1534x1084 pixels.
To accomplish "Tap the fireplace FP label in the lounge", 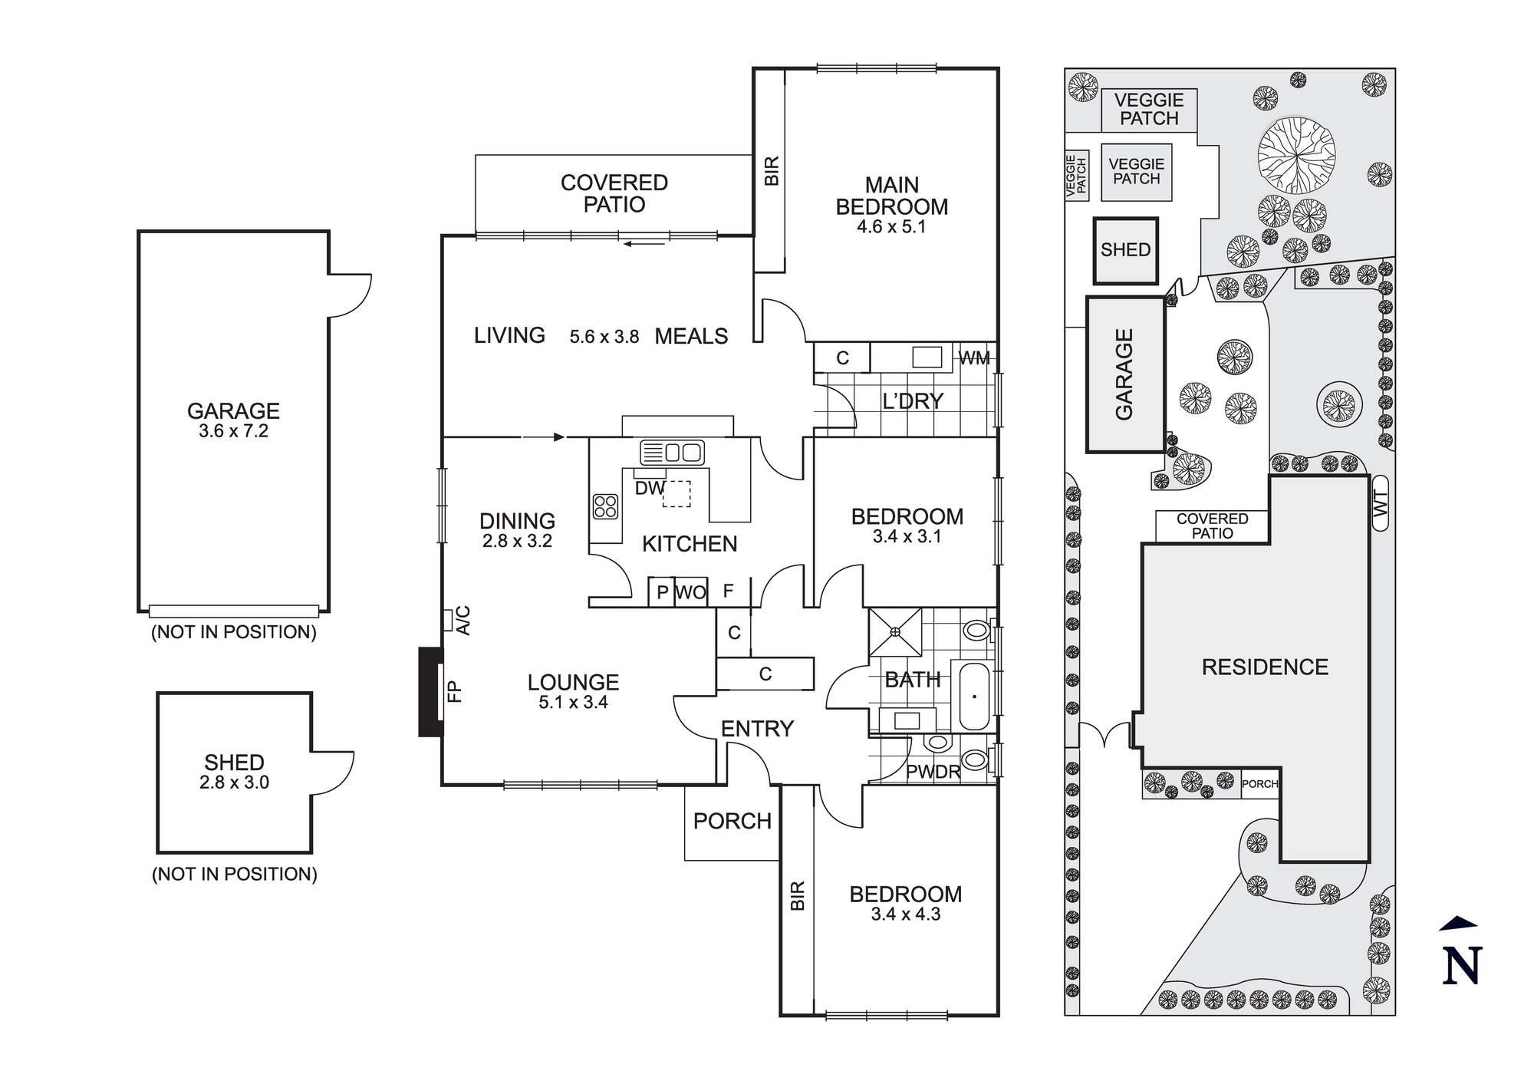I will (x=454, y=691).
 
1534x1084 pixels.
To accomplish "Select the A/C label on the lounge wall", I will (x=463, y=620).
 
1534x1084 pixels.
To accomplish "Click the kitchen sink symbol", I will (x=673, y=452).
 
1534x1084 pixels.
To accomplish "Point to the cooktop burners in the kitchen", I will (x=605, y=507).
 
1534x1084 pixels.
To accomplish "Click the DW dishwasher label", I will (x=650, y=488).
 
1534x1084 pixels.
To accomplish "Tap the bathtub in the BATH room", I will (x=974, y=697).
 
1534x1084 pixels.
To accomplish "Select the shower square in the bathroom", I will (x=895, y=632).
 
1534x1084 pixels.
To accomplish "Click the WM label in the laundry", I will (x=974, y=357).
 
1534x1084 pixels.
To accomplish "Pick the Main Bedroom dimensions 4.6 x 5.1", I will (x=891, y=227).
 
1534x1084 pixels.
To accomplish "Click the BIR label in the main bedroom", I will (x=772, y=170).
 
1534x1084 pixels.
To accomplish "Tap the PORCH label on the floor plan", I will (x=732, y=821).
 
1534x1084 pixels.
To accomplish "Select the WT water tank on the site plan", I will (x=1381, y=504).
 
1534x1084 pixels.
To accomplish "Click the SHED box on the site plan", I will (x=1125, y=250).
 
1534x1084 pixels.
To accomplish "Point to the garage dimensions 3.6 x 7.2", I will (x=233, y=431).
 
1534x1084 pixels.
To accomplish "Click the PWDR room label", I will (x=933, y=772).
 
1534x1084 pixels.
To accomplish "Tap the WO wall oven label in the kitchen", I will (x=690, y=592).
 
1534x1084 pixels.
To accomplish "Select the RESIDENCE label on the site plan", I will (x=1265, y=667).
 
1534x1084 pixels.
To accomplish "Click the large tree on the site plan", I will (x=1296, y=156).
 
